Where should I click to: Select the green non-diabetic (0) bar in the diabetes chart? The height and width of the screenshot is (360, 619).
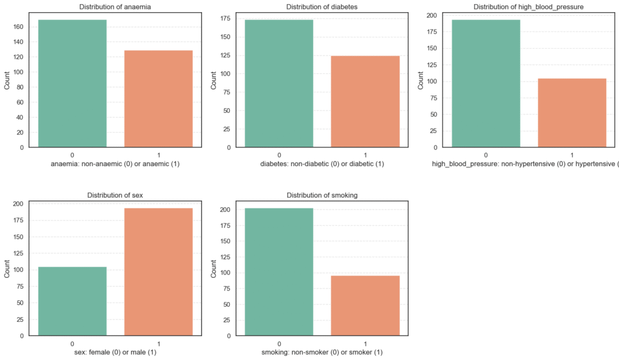[279, 83]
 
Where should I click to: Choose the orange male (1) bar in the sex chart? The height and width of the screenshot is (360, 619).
[158, 272]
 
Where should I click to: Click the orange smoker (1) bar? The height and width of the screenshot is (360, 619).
[365, 305]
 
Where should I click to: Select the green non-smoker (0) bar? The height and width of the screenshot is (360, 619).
[279, 272]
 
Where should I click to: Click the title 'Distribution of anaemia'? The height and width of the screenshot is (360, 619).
[115, 7]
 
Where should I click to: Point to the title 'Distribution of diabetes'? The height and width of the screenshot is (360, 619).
[322, 7]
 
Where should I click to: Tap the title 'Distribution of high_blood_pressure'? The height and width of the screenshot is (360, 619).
[529, 7]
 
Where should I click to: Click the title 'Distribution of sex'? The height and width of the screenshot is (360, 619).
[115, 195]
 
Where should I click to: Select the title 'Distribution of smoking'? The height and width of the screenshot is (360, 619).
[322, 195]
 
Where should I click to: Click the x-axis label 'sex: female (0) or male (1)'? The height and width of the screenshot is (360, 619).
[115, 352]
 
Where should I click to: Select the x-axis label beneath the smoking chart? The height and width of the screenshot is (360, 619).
[322, 352]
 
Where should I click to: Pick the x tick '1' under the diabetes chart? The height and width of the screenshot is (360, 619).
[365, 155]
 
